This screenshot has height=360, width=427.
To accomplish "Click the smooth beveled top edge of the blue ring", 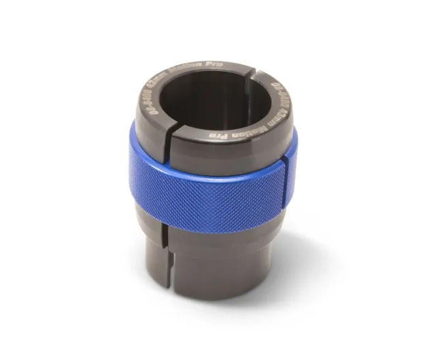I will (x=205, y=162).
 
